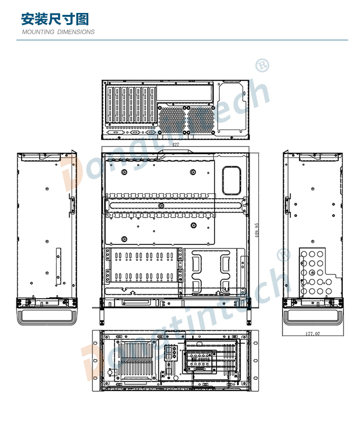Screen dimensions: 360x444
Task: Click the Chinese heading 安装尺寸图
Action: [x=55, y=19]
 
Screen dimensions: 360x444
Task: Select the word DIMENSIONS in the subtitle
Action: [x=76, y=32]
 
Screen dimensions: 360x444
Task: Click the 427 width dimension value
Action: [x=176, y=144]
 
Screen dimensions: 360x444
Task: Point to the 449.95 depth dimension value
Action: [x=257, y=230]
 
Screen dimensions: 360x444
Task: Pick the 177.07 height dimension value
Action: [x=312, y=334]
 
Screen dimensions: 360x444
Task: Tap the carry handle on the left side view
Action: [x=47, y=317]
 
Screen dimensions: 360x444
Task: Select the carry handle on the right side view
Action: [x=313, y=317]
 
